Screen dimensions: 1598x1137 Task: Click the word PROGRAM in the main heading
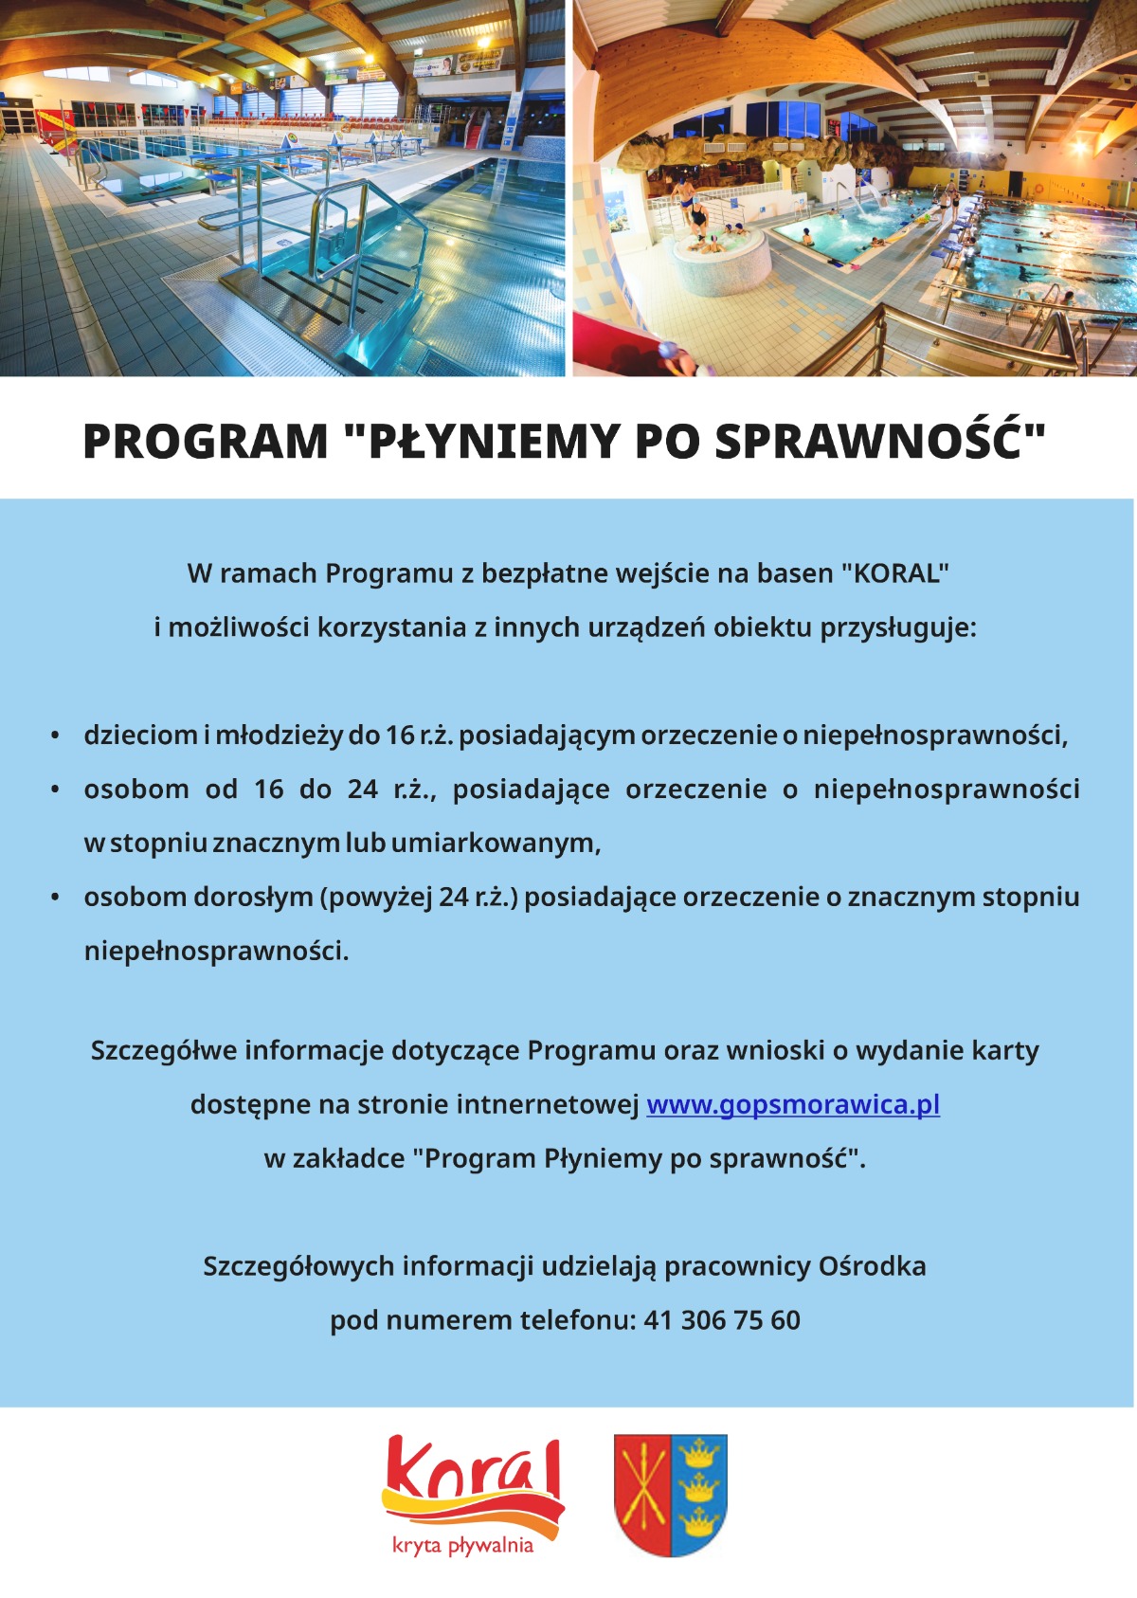pos(205,442)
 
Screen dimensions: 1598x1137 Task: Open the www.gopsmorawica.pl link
pos(793,1105)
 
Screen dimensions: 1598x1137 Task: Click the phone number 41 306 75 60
pos(722,1320)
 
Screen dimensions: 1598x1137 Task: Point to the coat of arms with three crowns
pos(671,1495)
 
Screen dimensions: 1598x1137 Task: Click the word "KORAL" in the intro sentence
pos(895,573)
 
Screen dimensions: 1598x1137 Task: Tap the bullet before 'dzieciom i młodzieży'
pos(56,735)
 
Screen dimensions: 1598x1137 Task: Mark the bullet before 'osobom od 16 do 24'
pos(56,790)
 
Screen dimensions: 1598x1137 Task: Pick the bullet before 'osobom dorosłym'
pos(56,897)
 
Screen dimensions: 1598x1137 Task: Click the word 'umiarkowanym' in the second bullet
pos(495,844)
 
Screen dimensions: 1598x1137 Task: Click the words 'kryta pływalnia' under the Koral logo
pos(463,1546)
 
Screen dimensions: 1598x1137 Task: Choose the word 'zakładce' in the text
pos(348,1159)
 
